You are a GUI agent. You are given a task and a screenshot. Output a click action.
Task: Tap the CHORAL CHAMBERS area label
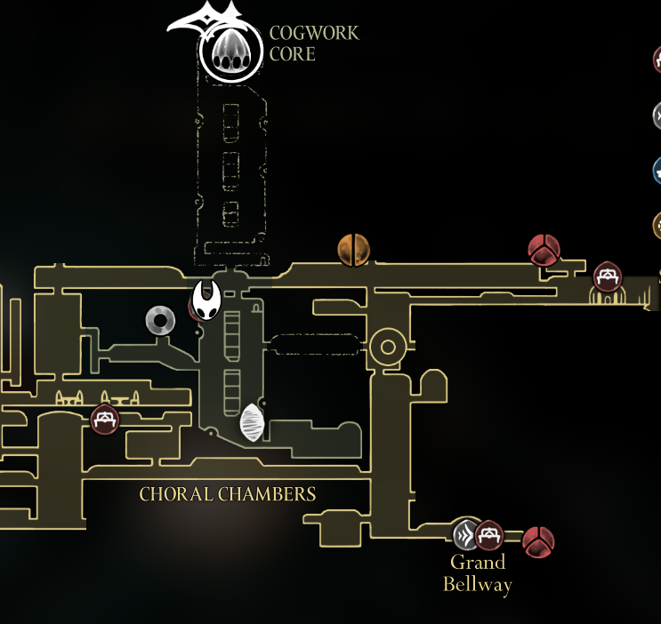coord(228,494)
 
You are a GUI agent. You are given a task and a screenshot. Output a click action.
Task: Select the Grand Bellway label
coord(478,573)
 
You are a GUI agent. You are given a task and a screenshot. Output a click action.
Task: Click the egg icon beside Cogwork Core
coord(231,52)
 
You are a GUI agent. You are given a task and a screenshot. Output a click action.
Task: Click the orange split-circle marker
coord(353,250)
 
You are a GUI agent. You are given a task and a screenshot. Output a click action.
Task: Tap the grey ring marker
coord(160,320)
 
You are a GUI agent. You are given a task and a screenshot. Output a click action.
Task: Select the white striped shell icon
coord(253,422)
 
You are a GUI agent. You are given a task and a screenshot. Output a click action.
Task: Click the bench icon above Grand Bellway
coord(488,535)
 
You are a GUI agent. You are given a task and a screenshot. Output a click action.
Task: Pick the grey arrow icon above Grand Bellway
coord(465,534)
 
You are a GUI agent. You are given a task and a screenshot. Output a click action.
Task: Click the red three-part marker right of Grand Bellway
coord(538,541)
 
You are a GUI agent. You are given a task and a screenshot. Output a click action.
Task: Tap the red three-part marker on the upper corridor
coord(544,251)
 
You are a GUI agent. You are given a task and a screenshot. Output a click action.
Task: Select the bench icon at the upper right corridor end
coord(609,276)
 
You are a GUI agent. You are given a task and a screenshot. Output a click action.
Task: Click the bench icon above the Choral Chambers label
coord(105,420)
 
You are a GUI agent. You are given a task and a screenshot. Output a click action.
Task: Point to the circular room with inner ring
coord(388,345)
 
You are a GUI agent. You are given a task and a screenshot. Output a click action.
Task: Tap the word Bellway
coord(478,584)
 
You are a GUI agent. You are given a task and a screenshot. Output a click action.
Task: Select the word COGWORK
coord(314,34)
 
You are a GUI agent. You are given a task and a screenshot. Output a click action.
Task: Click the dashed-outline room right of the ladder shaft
coord(315,345)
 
